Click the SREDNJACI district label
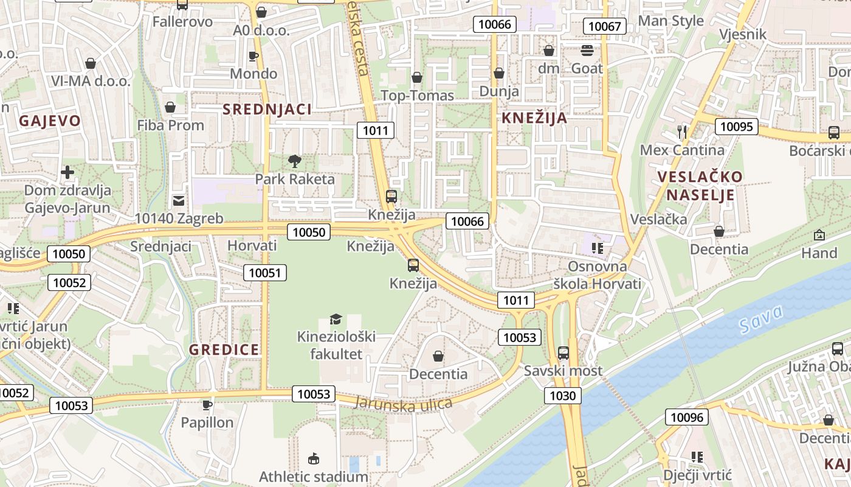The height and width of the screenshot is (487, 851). tap(267, 110)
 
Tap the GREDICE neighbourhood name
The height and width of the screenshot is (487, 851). tap(224, 349)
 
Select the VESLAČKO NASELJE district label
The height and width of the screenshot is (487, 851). tap(700, 186)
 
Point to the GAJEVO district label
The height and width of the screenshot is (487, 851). tap(50, 121)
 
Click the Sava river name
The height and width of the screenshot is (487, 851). tap(762, 320)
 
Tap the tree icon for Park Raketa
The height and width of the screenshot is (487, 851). tap(295, 161)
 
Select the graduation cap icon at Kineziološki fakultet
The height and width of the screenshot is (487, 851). tap(336, 319)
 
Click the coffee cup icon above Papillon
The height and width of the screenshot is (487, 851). tap(207, 404)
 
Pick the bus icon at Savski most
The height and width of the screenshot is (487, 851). tap(563, 352)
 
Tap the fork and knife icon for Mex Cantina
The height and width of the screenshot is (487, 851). tap(682, 131)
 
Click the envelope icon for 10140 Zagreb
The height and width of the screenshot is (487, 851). tap(179, 200)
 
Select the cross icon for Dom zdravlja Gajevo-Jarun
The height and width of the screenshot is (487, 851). tap(67, 172)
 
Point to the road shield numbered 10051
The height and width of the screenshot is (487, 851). tap(265, 273)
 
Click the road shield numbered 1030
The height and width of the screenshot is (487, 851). tap(562, 396)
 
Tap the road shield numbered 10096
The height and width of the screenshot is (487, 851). tap(686, 417)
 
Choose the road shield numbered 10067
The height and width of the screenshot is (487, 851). tap(605, 26)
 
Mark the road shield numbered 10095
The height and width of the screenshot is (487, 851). tap(736, 127)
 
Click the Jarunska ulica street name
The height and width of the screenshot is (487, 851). tap(403, 404)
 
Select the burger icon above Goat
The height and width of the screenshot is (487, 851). tap(587, 51)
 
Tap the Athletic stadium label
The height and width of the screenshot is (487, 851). tap(313, 477)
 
